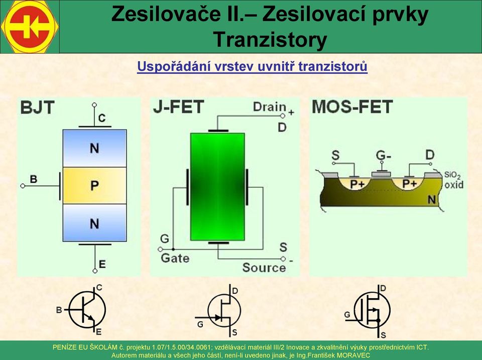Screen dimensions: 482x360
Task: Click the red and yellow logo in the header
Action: [x=30, y=27]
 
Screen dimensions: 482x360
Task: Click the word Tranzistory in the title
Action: [x=270, y=40]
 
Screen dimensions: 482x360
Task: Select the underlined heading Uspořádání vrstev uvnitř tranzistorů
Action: [x=252, y=66]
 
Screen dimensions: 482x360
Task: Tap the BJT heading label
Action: [x=37, y=107]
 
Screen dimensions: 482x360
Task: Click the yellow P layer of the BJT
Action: [x=95, y=185]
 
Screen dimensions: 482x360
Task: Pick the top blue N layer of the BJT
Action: [x=95, y=149]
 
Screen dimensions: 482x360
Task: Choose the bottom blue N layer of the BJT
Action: [x=95, y=222]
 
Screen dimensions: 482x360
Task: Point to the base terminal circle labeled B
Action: [x=23, y=186]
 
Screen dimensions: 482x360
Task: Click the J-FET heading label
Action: [x=178, y=107]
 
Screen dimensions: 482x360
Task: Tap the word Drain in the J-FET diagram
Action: [x=269, y=107]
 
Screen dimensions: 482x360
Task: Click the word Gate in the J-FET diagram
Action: [x=175, y=258]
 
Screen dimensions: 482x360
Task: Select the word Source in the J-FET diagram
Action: [x=264, y=268]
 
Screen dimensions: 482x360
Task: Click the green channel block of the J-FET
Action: [x=217, y=187]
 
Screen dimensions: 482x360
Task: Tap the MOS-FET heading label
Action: [x=352, y=106]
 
